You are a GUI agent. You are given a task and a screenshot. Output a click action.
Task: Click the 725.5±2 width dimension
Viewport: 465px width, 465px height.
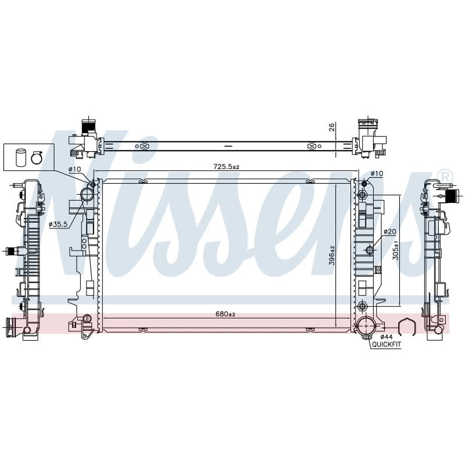click(226, 167)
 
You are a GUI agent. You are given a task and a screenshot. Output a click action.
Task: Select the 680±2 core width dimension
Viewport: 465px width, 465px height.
click(226, 314)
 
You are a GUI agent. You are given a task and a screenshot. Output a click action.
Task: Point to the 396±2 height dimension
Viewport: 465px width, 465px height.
click(331, 255)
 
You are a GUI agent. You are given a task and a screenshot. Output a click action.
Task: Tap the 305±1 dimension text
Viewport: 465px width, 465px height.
click(396, 251)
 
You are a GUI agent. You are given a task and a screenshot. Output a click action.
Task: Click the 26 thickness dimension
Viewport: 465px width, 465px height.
click(332, 127)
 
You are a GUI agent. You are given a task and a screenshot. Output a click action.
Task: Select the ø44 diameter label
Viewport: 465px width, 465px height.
click(387, 337)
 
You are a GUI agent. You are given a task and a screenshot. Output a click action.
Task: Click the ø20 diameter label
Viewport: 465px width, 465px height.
click(389, 231)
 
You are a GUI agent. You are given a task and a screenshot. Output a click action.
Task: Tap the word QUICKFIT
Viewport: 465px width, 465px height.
click(387, 344)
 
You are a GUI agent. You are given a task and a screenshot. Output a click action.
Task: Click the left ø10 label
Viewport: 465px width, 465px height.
click(74, 169)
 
